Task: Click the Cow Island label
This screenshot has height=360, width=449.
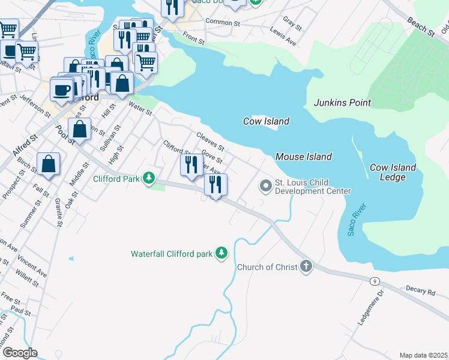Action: pyautogui.click(x=266, y=121)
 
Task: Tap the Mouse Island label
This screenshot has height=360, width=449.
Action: pyautogui.click(x=303, y=157)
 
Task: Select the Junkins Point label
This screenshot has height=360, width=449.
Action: pyautogui.click(x=342, y=103)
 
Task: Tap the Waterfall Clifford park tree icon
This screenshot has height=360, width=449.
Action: pyautogui.click(x=222, y=253)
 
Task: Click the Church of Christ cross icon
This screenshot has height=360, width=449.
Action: pyautogui.click(x=306, y=266)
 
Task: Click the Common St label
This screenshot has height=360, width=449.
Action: pyautogui.click(x=222, y=23)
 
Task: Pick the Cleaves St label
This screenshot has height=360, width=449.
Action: pyautogui.click(x=210, y=142)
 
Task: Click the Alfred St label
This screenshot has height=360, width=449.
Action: pyautogui.click(x=25, y=146)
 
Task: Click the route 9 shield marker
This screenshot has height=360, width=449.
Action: pyautogui.click(x=375, y=280)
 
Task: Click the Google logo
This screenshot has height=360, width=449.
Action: pyautogui.click(x=19, y=353)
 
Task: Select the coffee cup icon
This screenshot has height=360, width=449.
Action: pyautogui.click(x=61, y=90)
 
